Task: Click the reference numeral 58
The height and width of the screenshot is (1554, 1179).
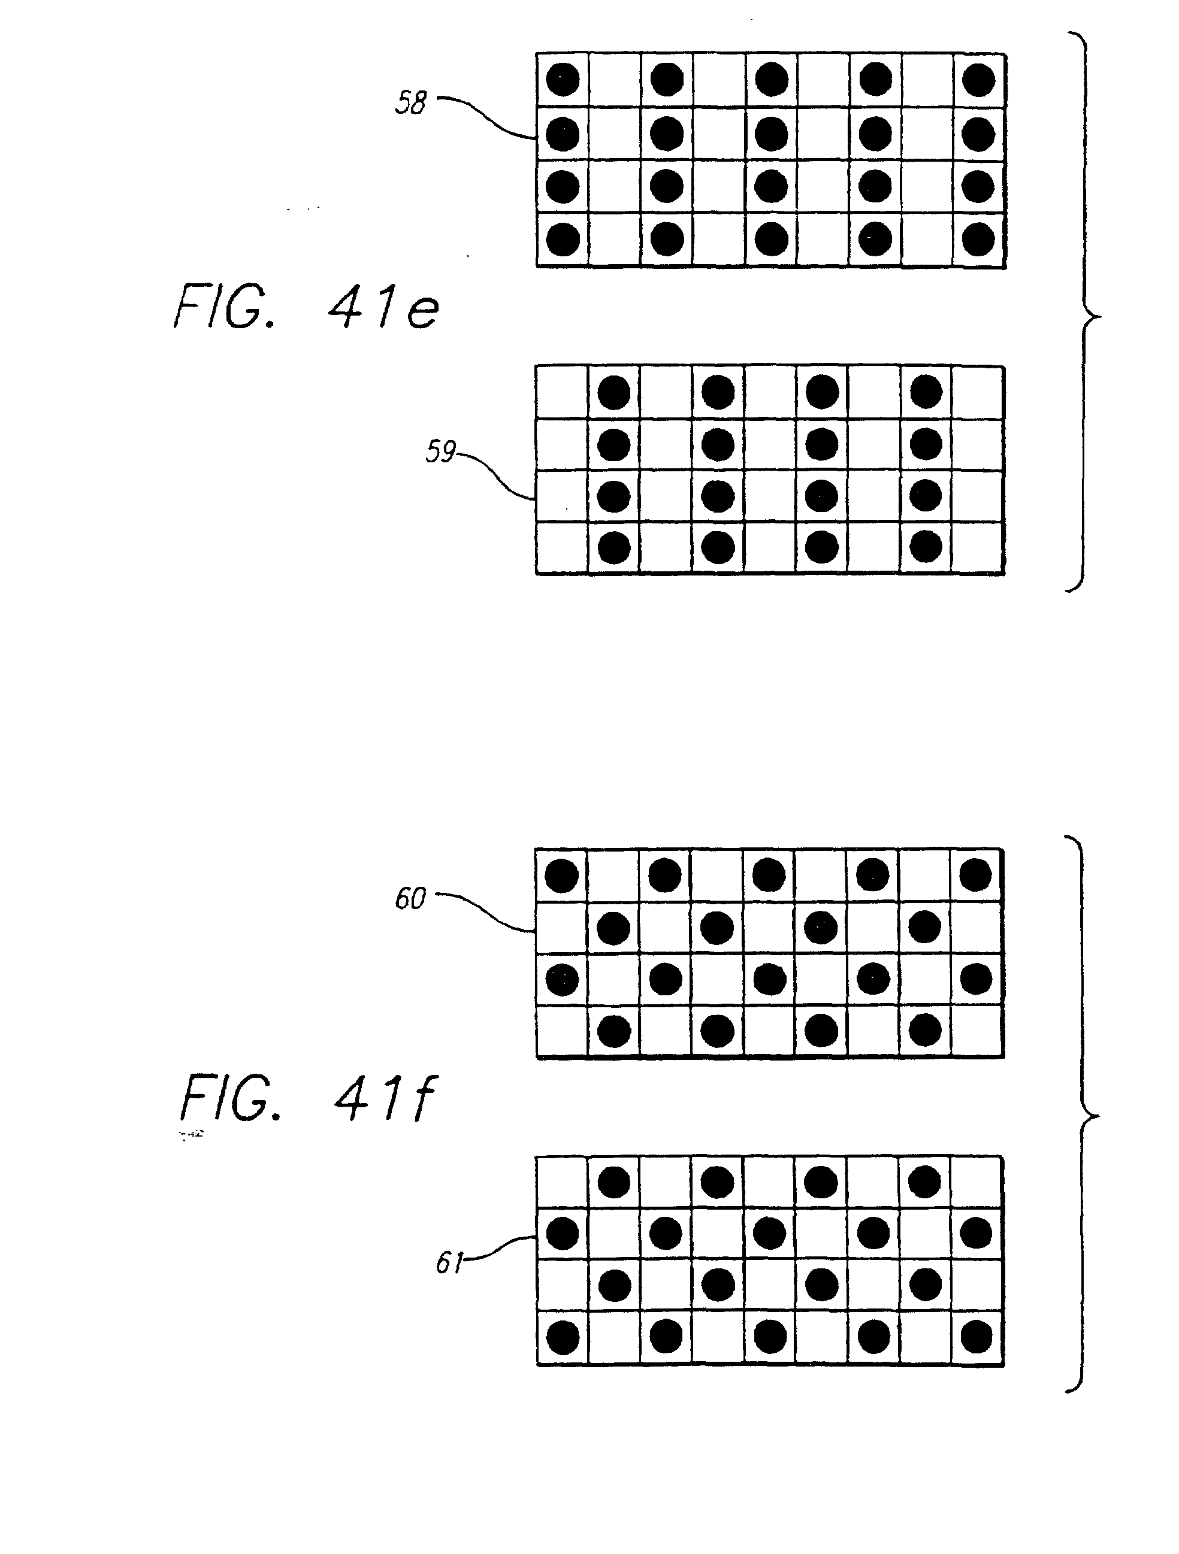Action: pyautogui.click(x=411, y=102)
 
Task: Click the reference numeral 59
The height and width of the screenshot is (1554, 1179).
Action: pyautogui.click(x=440, y=452)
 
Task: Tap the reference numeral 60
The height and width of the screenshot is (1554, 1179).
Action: pyautogui.click(x=410, y=898)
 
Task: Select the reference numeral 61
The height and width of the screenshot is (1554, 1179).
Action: pyautogui.click(x=449, y=1263)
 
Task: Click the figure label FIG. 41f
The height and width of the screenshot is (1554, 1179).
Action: pyautogui.click(x=308, y=1099)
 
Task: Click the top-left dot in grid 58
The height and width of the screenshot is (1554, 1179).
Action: pyautogui.click(x=563, y=80)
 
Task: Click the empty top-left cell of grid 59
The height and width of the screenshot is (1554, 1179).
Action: pyautogui.click(x=562, y=392)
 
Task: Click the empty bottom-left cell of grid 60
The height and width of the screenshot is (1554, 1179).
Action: pyautogui.click(x=562, y=1031)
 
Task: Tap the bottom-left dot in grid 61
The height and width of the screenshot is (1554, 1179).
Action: pyautogui.click(x=562, y=1337)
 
